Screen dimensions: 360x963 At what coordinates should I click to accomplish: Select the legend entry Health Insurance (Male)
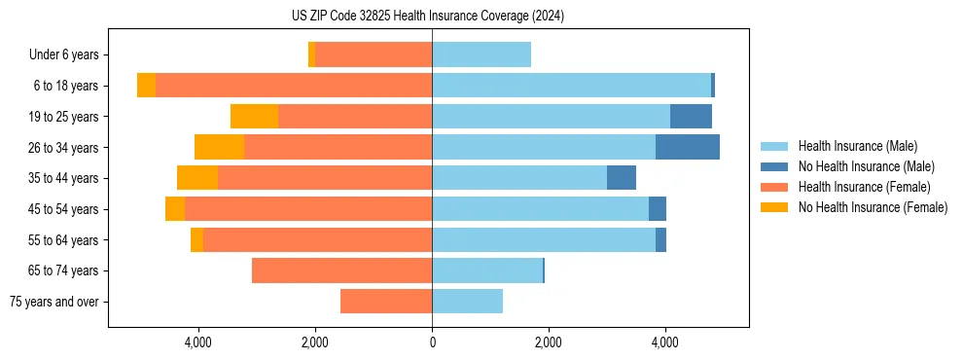[857, 146]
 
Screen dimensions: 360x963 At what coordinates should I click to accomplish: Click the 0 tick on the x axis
[432, 342]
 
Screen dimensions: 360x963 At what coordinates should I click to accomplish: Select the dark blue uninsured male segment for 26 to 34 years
[687, 147]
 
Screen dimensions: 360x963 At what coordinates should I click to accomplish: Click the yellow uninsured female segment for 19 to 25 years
[254, 117]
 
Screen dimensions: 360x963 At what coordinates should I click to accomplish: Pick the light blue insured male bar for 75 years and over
[467, 302]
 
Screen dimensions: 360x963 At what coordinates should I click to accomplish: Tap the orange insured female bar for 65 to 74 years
[341, 270]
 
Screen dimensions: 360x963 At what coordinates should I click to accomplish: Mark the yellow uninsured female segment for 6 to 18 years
[146, 86]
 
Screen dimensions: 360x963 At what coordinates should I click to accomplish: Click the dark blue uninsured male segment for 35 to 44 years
[621, 178]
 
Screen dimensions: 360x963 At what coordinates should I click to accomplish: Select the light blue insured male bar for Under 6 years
[481, 55]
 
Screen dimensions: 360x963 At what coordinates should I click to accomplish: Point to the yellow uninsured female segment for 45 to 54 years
[175, 209]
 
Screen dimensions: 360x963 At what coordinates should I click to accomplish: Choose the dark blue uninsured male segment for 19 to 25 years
[691, 117]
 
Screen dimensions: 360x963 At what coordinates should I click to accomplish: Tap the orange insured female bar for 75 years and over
[386, 302]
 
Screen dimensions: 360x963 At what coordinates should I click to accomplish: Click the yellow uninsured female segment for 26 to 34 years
[219, 147]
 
